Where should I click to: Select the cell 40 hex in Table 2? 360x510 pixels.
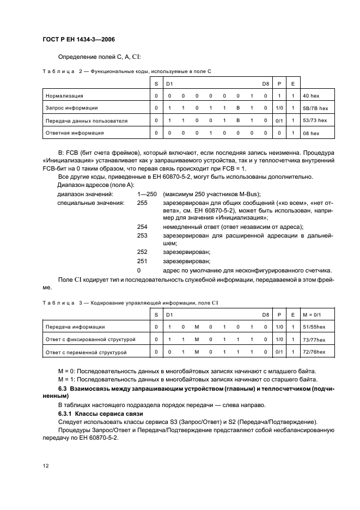pyautogui.click(x=312, y=95)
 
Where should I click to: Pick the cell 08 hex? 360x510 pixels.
pyautogui.click(x=312, y=132)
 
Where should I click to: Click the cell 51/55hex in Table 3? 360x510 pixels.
pyautogui.click(x=314, y=326)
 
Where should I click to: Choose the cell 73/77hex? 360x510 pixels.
pyautogui.click(x=314, y=339)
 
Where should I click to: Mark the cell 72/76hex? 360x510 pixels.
pyautogui.click(x=314, y=353)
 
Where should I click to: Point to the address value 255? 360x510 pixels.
pyautogui.click(x=142, y=203)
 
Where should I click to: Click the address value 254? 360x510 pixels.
pyautogui.click(x=142, y=226)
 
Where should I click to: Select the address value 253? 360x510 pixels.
pyautogui.click(x=142, y=235)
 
